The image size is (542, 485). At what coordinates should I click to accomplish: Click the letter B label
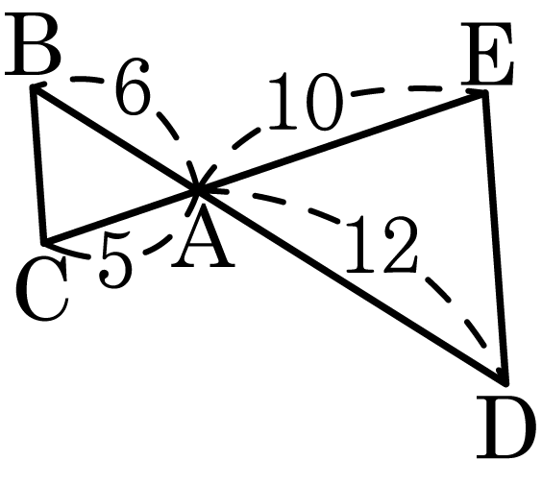(33, 44)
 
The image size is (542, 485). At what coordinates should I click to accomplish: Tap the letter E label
(486, 54)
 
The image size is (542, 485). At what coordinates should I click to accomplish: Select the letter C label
(41, 289)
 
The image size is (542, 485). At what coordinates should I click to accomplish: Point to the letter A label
(203, 237)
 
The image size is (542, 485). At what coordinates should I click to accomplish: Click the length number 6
(133, 86)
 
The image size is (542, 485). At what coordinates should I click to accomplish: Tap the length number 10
(307, 102)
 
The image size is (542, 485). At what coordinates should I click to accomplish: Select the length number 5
(115, 259)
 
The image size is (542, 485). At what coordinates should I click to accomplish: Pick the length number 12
(382, 244)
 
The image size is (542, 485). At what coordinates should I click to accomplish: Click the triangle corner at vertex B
(33, 86)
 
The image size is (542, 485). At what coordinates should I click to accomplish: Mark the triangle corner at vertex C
(43, 242)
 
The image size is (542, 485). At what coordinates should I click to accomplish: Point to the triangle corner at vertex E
(484, 92)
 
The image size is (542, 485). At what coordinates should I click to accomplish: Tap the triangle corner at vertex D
(506, 383)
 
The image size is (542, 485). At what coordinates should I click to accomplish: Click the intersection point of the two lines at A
(198, 189)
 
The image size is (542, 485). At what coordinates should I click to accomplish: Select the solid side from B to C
(38, 164)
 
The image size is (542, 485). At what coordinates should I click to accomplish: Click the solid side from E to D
(495, 237)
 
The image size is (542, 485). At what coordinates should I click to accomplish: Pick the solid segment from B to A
(115, 137)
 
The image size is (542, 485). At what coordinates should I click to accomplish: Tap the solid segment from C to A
(121, 215)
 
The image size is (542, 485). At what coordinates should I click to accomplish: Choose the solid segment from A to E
(341, 140)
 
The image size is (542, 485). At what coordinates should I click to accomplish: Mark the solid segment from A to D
(352, 286)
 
